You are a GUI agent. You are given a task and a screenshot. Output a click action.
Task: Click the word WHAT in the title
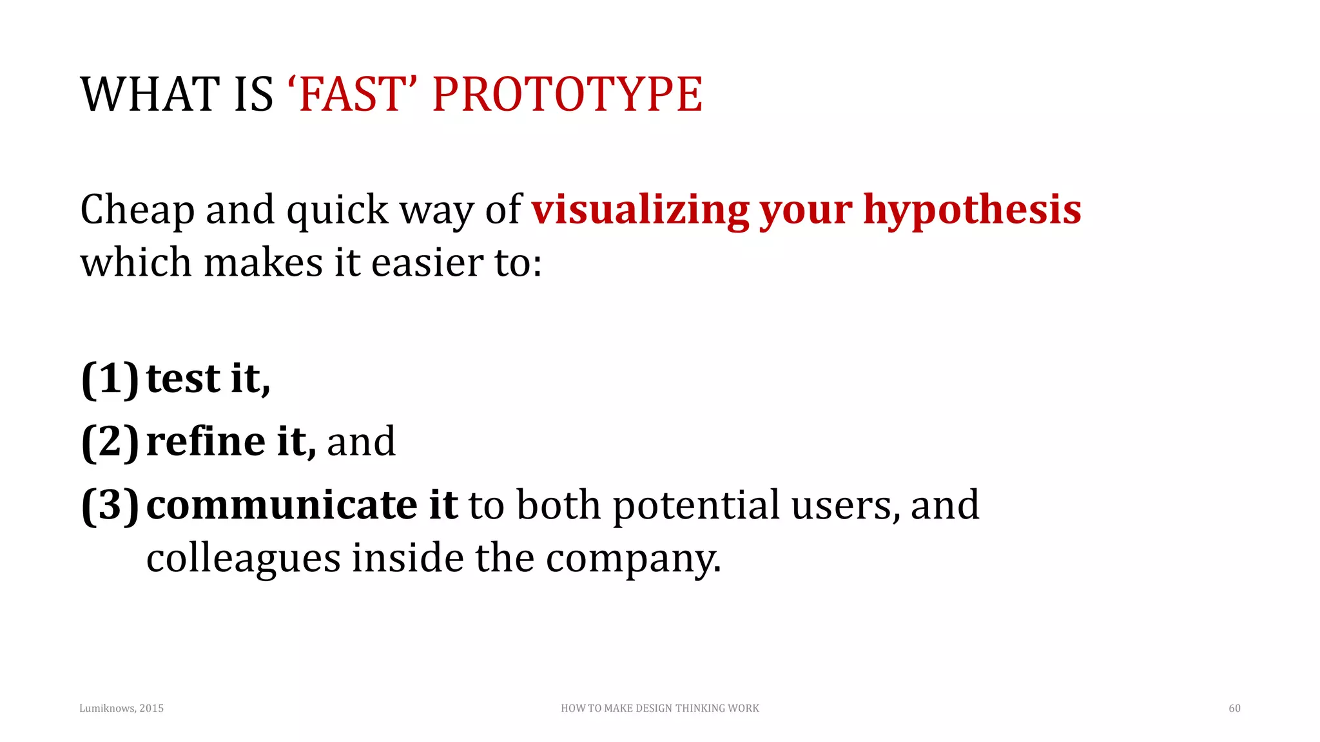[x=150, y=94]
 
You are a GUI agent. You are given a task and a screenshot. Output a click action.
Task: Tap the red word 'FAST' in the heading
[x=351, y=94]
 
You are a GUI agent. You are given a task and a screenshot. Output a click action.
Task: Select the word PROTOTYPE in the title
[x=567, y=94]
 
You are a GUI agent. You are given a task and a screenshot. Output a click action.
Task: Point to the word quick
[x=337, y=211]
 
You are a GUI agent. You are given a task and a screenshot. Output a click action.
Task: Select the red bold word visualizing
[x=639, y=211]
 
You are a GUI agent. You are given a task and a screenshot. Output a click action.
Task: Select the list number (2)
[x=110, y=442]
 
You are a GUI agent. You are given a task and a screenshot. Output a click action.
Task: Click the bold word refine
[x=206, y=442]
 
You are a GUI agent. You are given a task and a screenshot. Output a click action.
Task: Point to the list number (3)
[x=110, y=505]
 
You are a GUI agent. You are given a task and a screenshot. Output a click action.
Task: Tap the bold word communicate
[x=282, y=505]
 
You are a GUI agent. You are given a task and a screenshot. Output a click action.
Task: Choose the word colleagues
[x=243, y=558]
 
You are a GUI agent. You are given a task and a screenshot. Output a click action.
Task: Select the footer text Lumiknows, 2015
[x=121, y=708]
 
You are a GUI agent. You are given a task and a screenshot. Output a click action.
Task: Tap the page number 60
[x=1234, y=708]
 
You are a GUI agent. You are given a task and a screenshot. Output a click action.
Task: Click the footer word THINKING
[x=701, y=708]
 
